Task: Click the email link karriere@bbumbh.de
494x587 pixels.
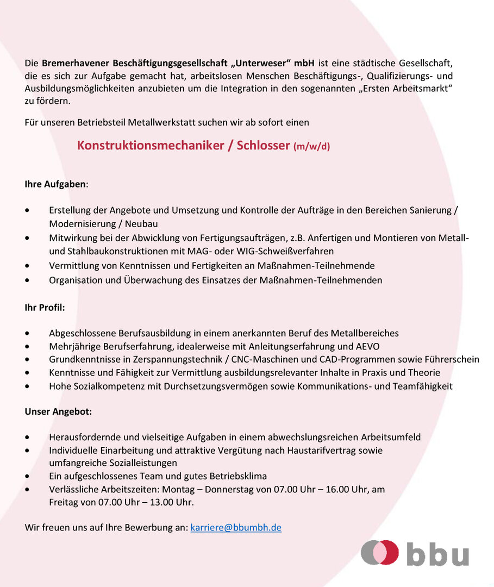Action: pyautogui.click(x=236, y=527)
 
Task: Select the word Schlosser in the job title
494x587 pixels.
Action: pyautogui.click(x=264, y=146)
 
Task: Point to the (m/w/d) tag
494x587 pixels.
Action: pyautogui.click(x=311, y=147)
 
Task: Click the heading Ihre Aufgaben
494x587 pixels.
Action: pyautogui.click(x=55, y=184)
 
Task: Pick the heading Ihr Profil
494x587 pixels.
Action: pyautogui.click(x=45, y=308)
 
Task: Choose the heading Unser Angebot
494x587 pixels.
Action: pyautogui.click(x=58, y=411)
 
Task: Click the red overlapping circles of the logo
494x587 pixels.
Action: pyautogui.click(x=380, y=553)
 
